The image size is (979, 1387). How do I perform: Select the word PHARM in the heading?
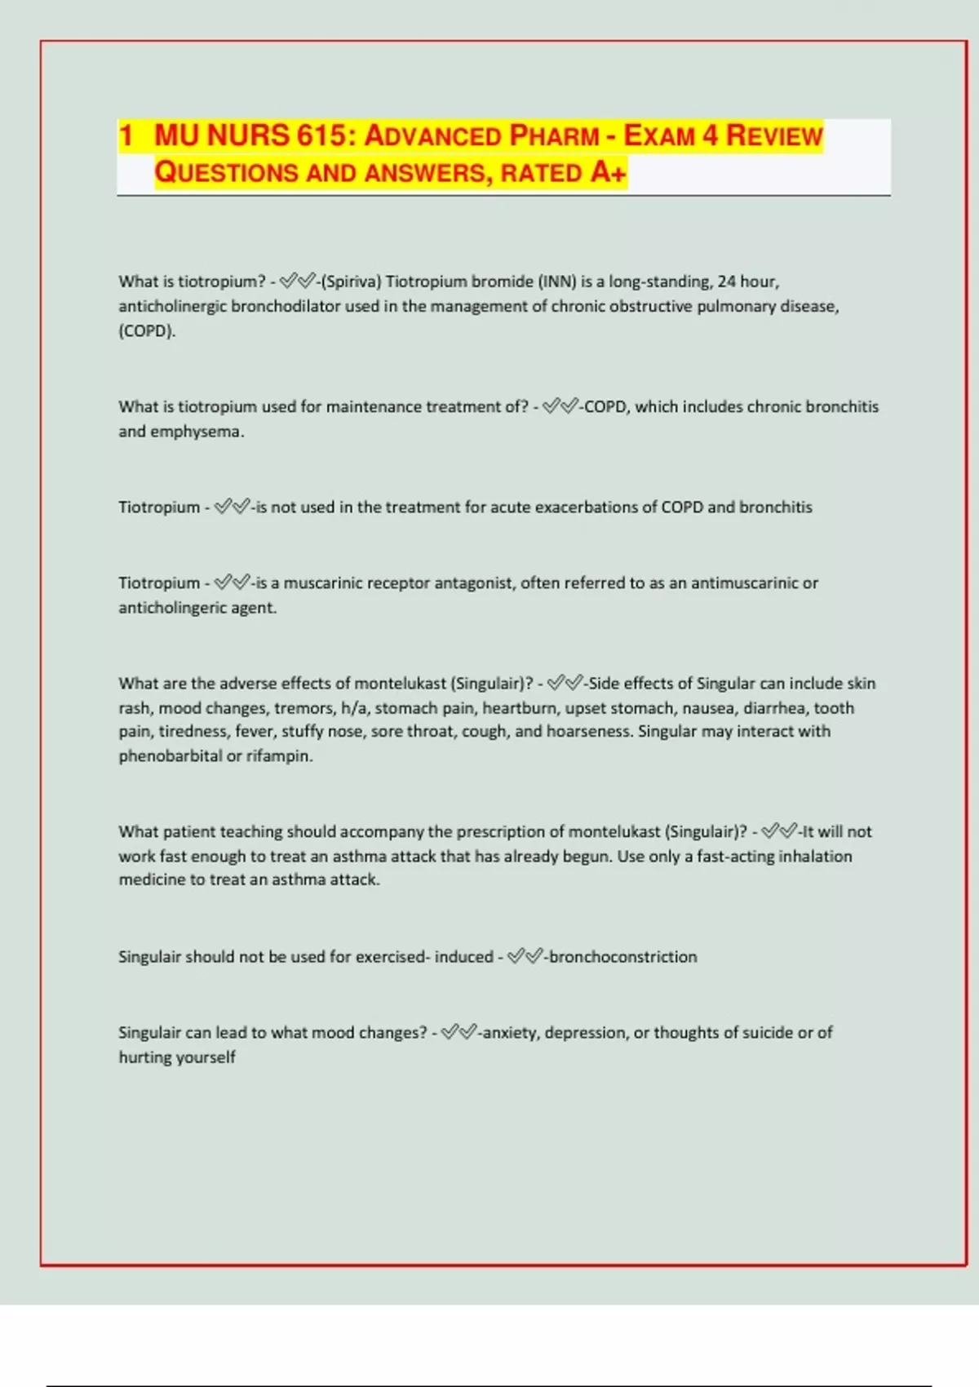coord(554,135)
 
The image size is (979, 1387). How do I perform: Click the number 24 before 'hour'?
coord(726,281)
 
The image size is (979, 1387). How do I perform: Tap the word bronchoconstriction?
coord(622,956)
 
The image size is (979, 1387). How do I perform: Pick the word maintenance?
coord(372,406)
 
